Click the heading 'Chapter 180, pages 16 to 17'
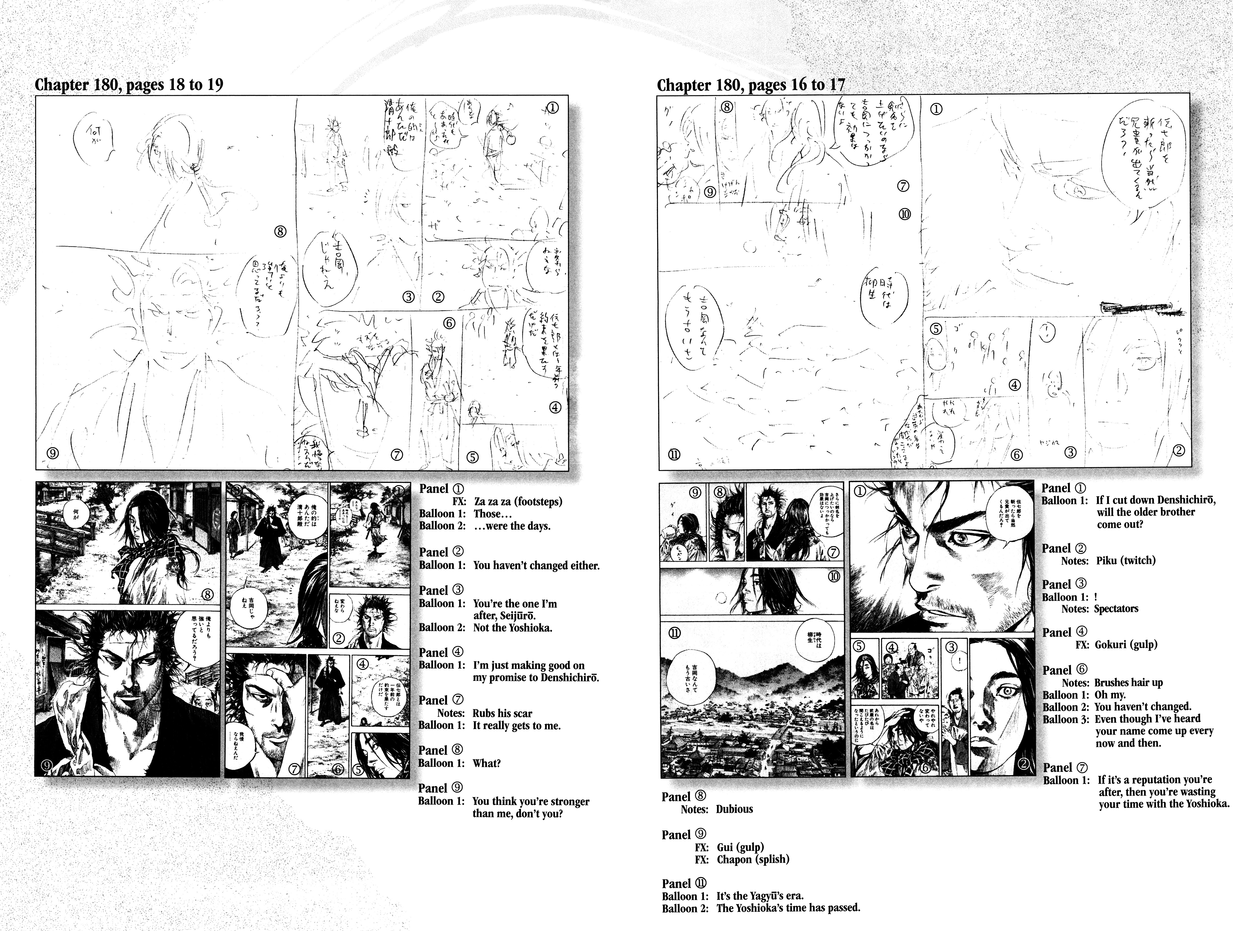(x=751, y=85)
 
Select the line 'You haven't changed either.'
(x=536, y=565)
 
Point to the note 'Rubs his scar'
(x=502, y=713)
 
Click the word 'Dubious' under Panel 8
(x=735, y=809)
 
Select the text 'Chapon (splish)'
(x=753, y=859)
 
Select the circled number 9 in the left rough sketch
(x=52, y=453)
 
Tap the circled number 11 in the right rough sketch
(x=674, y=454)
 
